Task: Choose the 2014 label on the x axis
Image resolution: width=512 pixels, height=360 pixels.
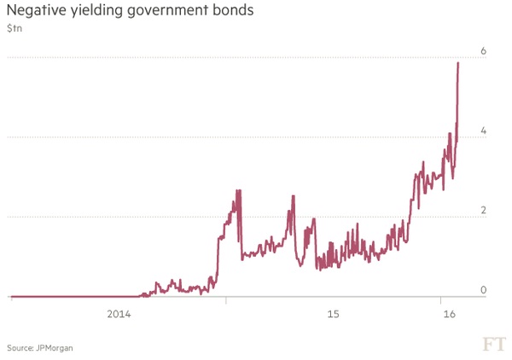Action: (x=119, y=315)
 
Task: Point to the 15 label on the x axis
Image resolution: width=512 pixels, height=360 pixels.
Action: (x=333, y=315)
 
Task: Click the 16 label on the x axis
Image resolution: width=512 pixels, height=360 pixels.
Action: (x=451, y=315)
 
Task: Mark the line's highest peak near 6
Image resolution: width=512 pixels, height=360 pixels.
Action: (x=458, y=63)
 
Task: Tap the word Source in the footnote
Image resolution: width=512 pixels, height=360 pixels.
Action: (x=19, y=348)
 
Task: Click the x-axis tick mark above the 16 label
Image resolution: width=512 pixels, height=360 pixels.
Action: (x=440, y=300)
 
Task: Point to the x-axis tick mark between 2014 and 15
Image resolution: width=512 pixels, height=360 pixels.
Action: (x=226, y=300)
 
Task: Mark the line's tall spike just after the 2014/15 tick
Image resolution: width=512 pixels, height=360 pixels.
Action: (x=238, y=191)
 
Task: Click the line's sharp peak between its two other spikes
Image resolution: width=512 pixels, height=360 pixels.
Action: (x=294, y=196)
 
